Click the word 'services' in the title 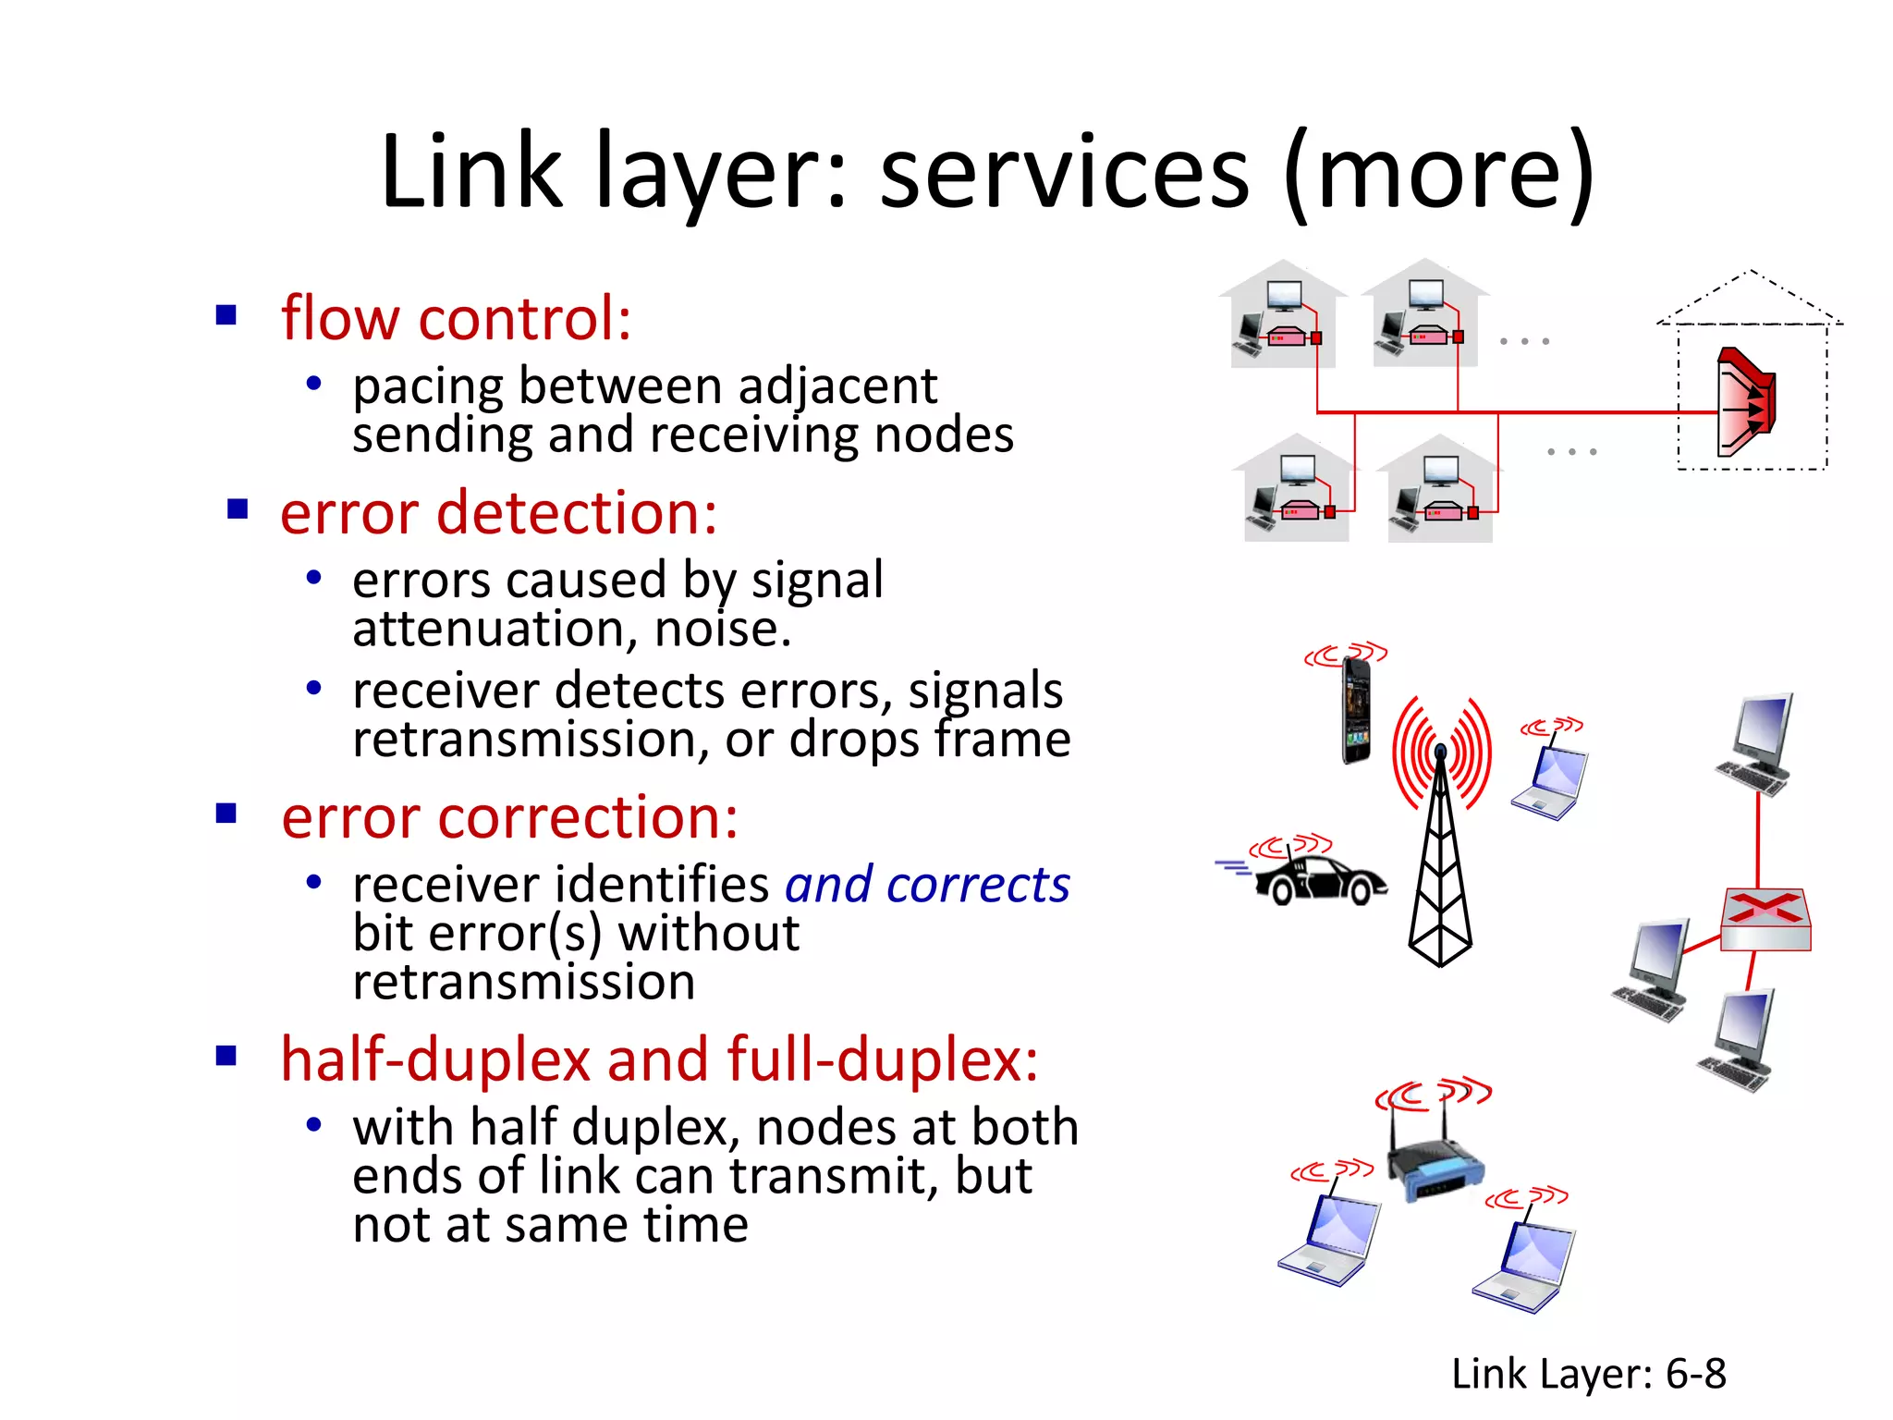[1063, 173]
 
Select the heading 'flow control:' [456, 319]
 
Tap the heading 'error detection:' [498, 513]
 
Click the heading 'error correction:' [509, 818]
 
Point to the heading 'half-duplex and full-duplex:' [659, 1059]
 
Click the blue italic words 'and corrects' [927, 885]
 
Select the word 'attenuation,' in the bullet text [495, 630]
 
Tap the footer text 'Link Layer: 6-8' [1588, 1374]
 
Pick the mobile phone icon [1356, 710]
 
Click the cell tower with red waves [1440, 832]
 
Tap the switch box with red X [1765, 920]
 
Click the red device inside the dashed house [1745, 403]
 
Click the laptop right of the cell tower [1551, 782]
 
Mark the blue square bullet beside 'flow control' [226, 315]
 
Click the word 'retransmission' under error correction [523, 982]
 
